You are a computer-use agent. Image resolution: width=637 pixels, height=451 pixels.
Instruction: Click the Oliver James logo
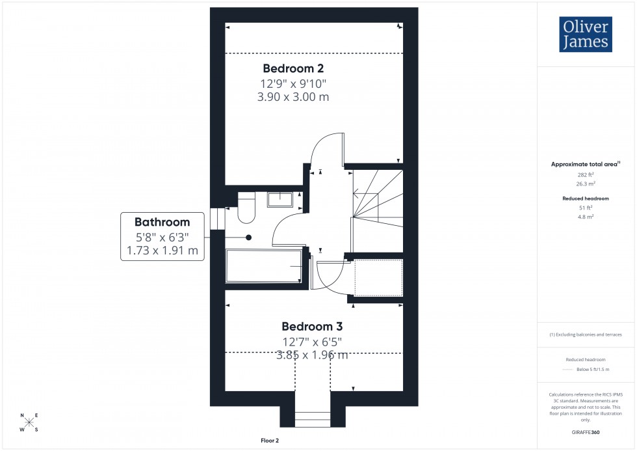click(585, 34)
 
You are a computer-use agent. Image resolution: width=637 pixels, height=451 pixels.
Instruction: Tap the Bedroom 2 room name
click(293, 68)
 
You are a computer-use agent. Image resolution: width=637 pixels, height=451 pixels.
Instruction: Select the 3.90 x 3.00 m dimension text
click(293, 97)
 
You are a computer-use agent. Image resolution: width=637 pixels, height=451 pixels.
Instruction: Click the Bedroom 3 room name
click(311, 327)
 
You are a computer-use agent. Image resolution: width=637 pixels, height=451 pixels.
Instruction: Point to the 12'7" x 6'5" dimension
click(311, 342)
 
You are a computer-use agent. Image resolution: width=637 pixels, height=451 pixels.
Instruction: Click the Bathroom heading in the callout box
click(162, 222)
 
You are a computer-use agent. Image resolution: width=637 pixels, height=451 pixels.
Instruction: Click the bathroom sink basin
click(281, 198)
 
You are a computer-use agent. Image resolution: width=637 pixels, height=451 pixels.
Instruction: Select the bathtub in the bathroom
click(263, 266)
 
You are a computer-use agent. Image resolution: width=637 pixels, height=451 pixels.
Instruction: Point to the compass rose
click(29, 422)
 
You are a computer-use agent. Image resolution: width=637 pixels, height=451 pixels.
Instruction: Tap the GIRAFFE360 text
click(586, 432)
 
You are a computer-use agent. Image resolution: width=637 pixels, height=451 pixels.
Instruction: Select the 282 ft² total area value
click(586, 174)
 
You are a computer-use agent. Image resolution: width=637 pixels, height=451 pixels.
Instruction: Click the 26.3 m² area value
click(586, 184)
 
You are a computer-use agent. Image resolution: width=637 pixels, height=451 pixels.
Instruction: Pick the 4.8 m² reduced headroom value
click(586, 217)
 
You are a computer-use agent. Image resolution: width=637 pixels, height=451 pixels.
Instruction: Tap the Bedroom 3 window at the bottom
click(312, 420)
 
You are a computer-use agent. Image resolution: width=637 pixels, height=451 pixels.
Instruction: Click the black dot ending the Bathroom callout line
click(248, 238)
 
